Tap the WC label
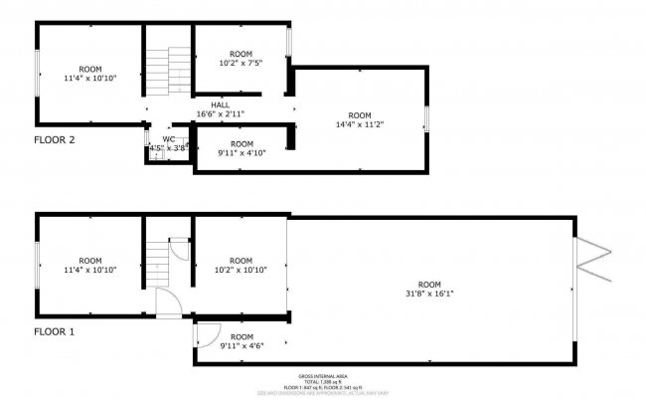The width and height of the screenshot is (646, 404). pyautogui.click(x=168, y=138)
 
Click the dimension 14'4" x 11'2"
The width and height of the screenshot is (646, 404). pyautogui.click(x=359, y=125)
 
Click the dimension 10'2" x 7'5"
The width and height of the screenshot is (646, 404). pyautogui.click(x=242, y=62)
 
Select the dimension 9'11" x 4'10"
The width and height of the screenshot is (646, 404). pyautogui.click(x=242, y=153)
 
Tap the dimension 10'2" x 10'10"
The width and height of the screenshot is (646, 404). pyautogui.click(x=242, y=269)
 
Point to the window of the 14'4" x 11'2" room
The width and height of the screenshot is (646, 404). pyautogui.click(x=427, y=117)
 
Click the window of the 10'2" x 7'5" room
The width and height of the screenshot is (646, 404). pyautogui.click(x=288, y=44)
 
